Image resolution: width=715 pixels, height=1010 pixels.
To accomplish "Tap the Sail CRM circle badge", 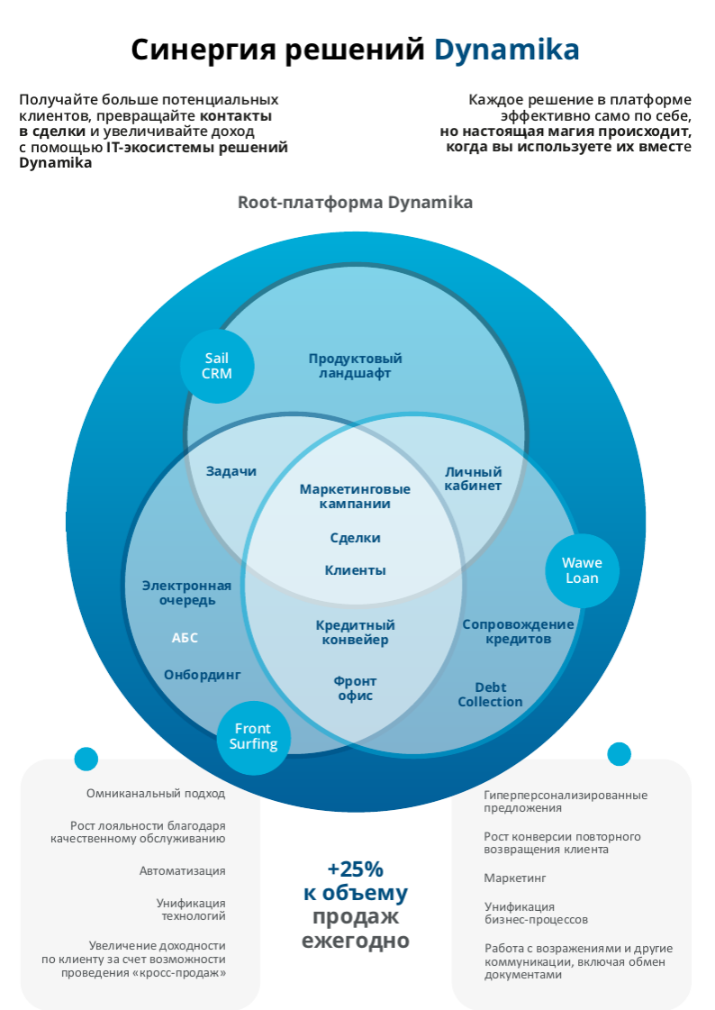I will point(217,366).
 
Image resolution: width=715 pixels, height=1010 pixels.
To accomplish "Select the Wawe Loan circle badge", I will point(582,570).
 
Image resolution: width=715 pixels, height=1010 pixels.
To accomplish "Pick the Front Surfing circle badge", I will point(253,736).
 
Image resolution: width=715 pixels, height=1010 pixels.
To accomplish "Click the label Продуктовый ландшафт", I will point(355,366).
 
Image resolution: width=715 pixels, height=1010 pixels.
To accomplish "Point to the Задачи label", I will point(231,471).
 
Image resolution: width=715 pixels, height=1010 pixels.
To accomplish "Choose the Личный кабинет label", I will point(473,478).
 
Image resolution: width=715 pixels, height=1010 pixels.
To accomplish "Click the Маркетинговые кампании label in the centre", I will point(355,496).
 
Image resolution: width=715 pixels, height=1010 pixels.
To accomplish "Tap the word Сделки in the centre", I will point(355,538).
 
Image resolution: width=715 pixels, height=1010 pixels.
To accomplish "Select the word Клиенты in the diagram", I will point(355,570).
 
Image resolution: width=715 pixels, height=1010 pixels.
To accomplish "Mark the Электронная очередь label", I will point(186,593).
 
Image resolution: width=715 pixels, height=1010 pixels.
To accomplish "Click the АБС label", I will point(185,638).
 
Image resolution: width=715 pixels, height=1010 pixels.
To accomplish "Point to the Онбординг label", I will point(203,674).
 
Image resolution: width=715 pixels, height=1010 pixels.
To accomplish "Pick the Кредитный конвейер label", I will point(355,632).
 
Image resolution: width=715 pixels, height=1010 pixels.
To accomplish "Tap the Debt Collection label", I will point(490,695).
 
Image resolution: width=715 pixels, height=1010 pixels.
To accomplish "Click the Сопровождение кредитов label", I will point(518,632).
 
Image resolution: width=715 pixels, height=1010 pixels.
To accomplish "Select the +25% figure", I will point(355,869).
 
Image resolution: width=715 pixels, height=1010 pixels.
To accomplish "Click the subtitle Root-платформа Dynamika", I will point(355,203).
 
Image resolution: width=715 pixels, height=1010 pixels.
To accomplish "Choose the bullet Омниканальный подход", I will point(156,794).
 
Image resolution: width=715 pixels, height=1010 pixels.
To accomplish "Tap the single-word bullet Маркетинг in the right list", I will point(515,878).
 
